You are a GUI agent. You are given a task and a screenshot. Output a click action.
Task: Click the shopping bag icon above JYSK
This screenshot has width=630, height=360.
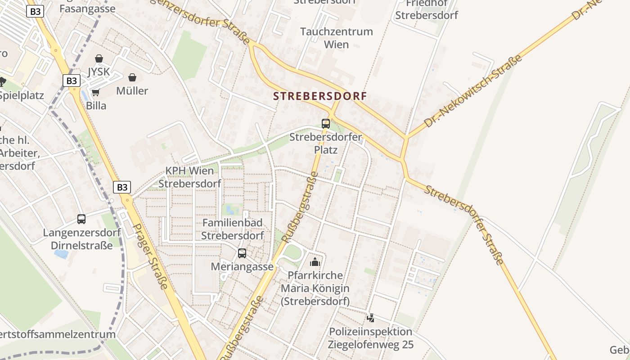pos(99,59)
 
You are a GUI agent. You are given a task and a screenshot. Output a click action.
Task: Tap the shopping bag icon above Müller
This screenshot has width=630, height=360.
pos(132,78)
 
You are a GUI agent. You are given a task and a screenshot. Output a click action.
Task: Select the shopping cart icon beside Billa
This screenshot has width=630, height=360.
pos(95,93)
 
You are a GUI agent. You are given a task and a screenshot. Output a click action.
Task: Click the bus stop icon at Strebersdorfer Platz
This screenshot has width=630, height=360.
pos(325,123)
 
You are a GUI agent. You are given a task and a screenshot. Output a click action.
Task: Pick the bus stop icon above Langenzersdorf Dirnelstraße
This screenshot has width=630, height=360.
pos(81,219)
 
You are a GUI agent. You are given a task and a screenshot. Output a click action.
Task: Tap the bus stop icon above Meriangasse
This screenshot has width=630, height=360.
pos(242,253)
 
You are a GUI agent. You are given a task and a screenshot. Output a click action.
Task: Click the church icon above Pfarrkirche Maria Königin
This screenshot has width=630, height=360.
pos(315,261)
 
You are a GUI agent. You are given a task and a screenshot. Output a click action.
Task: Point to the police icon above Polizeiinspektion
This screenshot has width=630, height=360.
pos(370,318)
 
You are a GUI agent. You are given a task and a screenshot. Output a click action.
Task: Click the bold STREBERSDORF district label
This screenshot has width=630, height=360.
pos(320,96)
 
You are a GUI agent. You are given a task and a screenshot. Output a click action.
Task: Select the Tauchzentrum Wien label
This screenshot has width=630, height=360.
pos(337,38)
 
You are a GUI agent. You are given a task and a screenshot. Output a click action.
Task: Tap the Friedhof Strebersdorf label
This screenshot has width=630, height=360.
pos(426,9)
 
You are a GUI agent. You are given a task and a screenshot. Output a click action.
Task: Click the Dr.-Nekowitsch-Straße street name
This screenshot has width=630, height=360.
pos(473,90)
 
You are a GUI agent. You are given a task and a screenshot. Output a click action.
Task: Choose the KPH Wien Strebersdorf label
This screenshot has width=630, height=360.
pos(189,177)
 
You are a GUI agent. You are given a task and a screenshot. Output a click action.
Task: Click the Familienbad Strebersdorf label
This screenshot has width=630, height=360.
pos(232,229)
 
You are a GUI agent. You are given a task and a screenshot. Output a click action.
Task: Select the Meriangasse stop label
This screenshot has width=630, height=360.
pos(242,266)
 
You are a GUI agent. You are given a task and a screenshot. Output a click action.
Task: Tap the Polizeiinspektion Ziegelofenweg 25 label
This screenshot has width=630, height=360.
pos(371,338)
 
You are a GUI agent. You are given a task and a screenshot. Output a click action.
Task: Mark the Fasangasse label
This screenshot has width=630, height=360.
pos(87,9)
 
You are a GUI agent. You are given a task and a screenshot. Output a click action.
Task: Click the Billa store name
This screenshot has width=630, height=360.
pos(96,106)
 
